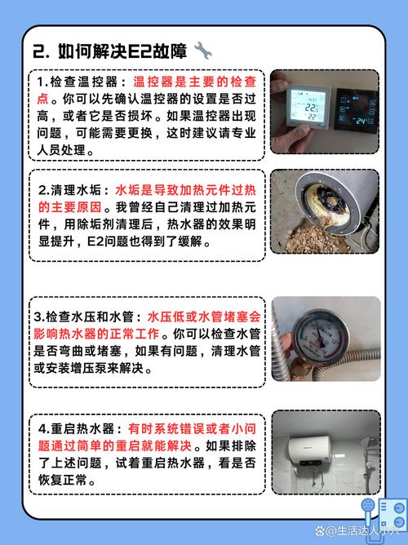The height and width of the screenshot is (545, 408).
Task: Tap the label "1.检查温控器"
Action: tap(82, 83)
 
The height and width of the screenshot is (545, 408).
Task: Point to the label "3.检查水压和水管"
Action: tap(87, 316)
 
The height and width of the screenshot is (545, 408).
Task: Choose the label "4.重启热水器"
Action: tap(77, 428)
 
